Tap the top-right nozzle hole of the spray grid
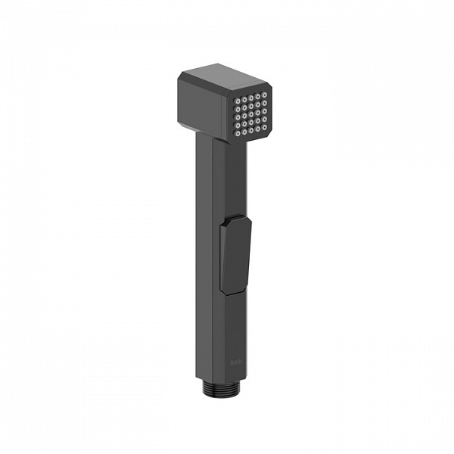(x=266, y=94)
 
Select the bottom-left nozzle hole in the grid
(x=238, y=133)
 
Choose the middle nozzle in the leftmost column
(x=238, y=117)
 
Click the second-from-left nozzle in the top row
(x=245, y=98)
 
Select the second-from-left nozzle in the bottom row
(x=245, y=132)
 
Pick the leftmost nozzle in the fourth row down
(x=238, y=125)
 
